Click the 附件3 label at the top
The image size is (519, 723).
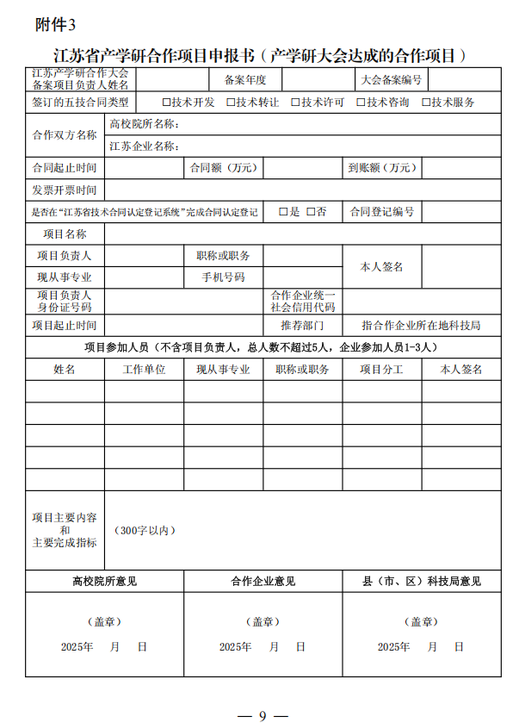[x=55, y=25]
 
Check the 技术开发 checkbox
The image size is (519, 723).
[x=166, y=103]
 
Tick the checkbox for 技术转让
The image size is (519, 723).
[x=231, y=103]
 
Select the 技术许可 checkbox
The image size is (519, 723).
[x=295, y=103]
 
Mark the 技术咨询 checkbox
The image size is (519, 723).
[x=361, y=103]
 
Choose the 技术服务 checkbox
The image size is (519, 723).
[x=426, y=103]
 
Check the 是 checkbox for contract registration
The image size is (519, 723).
[x=283, y=212]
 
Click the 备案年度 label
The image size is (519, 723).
[x=245, y=80]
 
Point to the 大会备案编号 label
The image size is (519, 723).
[x=391, y=80]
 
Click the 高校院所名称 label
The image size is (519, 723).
[x=143, y=124]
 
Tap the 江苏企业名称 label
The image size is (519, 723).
[x=143, y=146]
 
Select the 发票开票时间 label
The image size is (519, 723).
[x=65, y=190]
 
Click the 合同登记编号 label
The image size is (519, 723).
[x=381, y=212]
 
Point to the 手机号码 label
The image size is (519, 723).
[x=223, y=277]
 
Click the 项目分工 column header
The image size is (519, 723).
[x=381, y=370]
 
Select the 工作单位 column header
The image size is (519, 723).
[x=144, y=370]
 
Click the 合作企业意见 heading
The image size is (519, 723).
[x=263, y=582]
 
